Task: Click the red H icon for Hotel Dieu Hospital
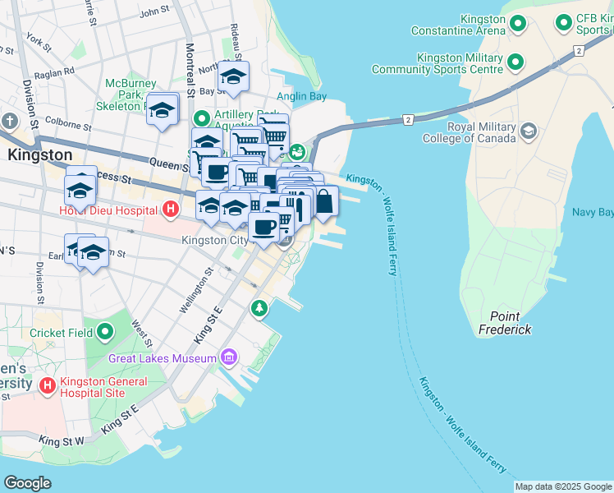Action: [x=170, y=210]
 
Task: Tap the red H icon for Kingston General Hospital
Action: [x=47, y=385]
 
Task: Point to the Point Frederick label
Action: [x=505, y=323]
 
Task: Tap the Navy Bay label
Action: [x=593, y=213]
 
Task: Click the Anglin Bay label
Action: [x=301, y=97]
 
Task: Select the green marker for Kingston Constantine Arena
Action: [x=517, y=24]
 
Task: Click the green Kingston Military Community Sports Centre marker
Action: [x=515, y=62]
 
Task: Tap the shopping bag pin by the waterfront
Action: [x=324, y=200]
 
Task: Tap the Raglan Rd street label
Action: [x=55, y=71]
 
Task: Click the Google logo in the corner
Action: [x=27, y=483]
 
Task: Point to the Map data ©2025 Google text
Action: [x=563, y=486]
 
